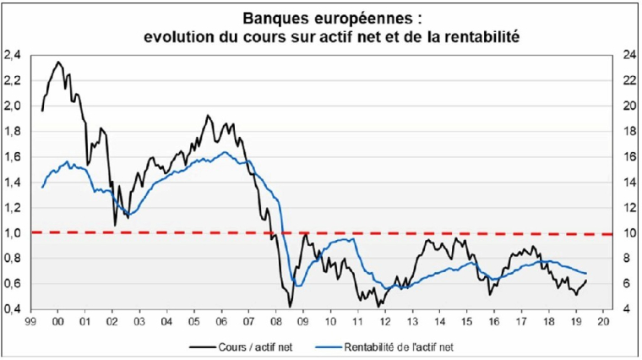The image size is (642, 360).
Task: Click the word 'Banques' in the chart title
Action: (x=275, y=16)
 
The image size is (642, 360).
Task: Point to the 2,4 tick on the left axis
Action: (x=13, y=55)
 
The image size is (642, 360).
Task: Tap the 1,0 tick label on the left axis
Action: (x=13, y=232)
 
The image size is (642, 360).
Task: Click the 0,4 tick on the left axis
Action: (x=13, y=308)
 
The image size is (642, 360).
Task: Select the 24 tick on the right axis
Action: (x=630, y=55)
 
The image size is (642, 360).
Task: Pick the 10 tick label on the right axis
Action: (x=630, y=232)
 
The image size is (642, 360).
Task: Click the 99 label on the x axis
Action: (x=30, y=322)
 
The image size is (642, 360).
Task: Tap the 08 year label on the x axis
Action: (x=275, y=322)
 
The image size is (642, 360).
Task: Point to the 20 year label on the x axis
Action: (x=602, y=322)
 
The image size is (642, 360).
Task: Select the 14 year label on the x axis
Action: (x=439, y=322)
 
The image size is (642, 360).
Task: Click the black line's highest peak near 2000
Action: (x=58, y=61)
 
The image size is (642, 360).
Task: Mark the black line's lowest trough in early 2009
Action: (x=290, y=306)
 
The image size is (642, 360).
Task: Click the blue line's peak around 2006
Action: (x=223, y=152)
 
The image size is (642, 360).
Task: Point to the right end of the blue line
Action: (x=586, y=273)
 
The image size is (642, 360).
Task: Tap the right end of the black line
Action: (x=586, y=281)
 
